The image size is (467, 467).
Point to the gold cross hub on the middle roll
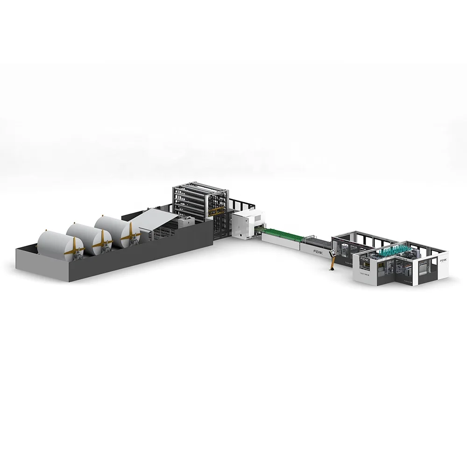tap(99, 239)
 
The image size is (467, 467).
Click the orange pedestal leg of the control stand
tap(331, 264)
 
